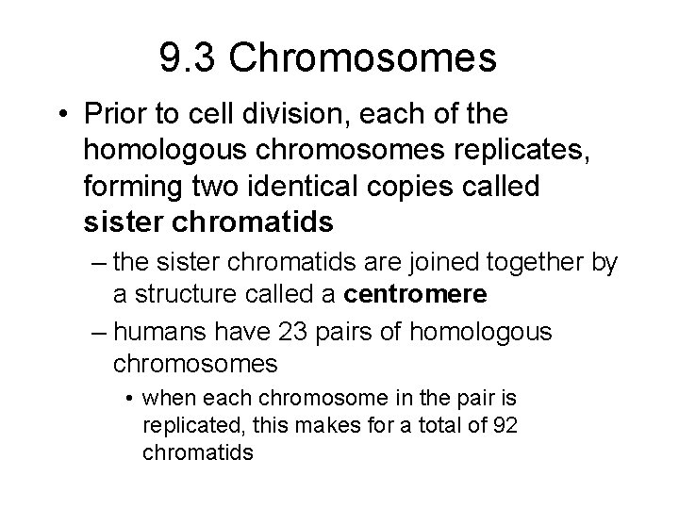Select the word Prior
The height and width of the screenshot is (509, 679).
(109, 116)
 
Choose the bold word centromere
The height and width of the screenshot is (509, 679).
(416, 294)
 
